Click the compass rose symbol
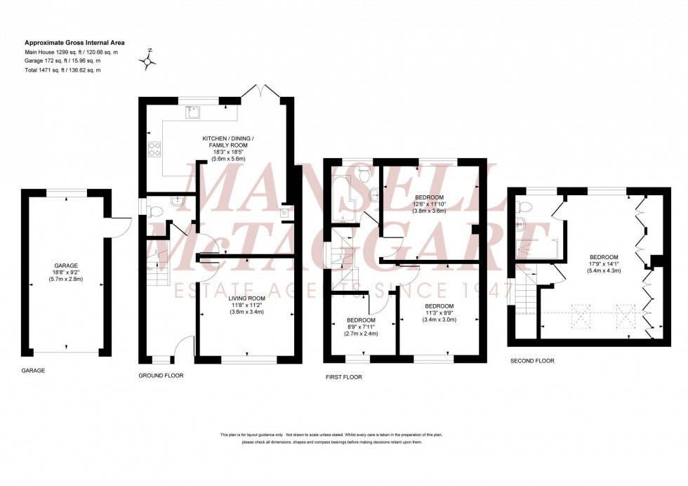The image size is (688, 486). tap(149, 62)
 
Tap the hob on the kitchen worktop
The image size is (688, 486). tap(154, 148)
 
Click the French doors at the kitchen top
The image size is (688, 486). tap(260, 91)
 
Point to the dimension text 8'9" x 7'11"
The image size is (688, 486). tap(361, 327)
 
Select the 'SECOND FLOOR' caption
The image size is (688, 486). tap(532, 360)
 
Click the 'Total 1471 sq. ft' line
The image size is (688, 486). tap(62, 70)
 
